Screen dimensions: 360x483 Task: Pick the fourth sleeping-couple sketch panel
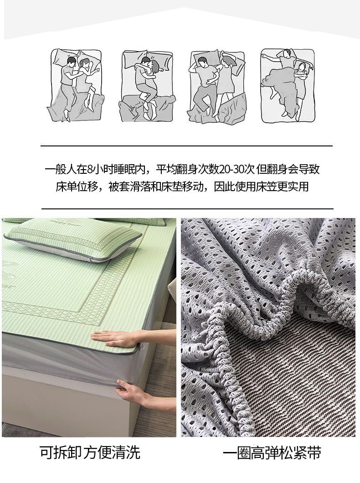(x=288, y=85)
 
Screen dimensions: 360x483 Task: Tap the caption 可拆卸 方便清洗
(x=90, y=452)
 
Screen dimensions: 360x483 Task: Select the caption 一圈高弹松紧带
(x=272, y=452)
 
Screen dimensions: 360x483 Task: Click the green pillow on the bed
(x=75, y=240)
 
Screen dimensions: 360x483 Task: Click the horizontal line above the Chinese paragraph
(x=186, y=145)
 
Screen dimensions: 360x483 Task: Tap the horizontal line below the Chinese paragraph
(x=187, y=208)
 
